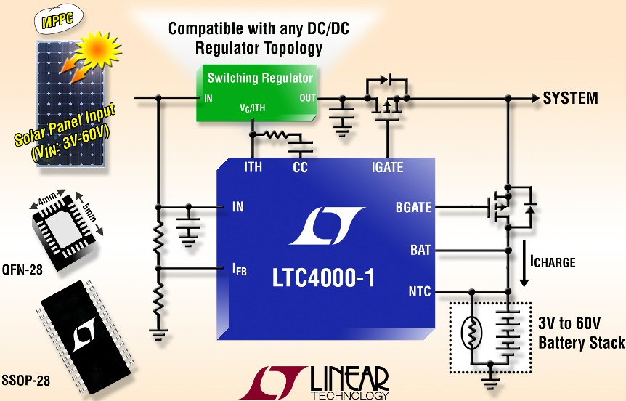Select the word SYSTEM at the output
tap(570, 98)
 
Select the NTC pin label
tap(419, 292)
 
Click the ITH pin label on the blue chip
tap(253, 168)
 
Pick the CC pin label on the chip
tap(301, 168)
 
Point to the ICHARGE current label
tap(554, 261)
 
